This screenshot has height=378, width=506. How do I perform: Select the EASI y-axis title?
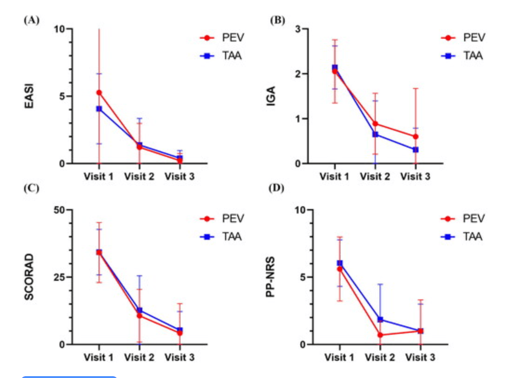coord(29,96)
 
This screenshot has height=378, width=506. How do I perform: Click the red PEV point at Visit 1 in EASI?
coord(99,93)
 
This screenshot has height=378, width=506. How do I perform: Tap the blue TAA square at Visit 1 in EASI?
coord(99,109)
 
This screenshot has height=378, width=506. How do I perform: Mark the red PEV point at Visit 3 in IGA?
coord(415,137)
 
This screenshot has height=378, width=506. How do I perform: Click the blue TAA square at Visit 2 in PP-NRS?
coord(380,319)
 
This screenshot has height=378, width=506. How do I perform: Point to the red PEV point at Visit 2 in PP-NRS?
coord(380,335)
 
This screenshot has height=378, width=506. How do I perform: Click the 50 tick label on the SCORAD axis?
coord(60,210)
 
